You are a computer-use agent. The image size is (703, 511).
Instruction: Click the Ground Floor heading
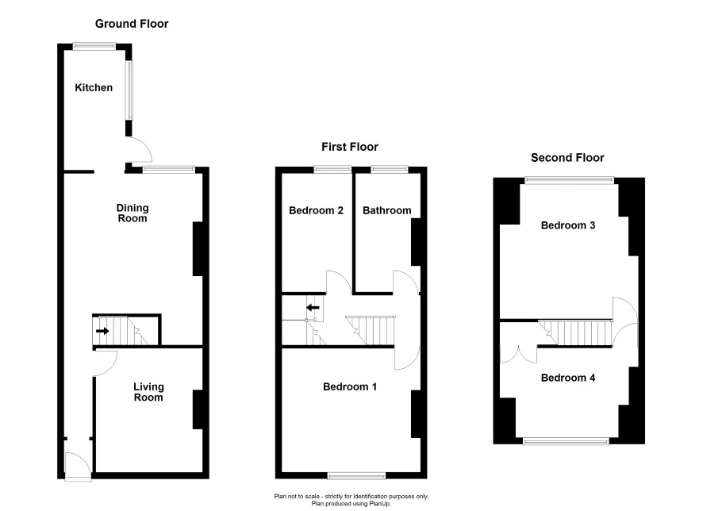(132, 24)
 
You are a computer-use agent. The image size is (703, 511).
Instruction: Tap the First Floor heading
(350, 147)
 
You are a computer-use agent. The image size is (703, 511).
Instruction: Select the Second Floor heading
(567, 158)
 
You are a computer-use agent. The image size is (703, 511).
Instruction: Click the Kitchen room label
(94, 87)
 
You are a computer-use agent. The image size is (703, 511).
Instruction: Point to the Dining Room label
(133, 213)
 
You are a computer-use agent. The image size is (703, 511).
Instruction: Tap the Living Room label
(148, 392)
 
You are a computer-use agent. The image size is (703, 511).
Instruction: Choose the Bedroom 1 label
(350, 386)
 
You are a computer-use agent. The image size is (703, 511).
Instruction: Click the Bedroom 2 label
(316, 210)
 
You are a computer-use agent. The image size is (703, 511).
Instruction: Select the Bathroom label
(387, 210)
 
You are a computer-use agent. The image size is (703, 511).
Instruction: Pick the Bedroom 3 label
(568, 225)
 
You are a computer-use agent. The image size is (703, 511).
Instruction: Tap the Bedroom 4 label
(568, 378)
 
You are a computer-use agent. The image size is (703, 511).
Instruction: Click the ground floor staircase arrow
(102, 331)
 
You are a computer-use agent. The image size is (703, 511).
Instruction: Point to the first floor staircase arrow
(313, 308)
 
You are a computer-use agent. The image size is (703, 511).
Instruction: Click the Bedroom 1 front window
(356, 475)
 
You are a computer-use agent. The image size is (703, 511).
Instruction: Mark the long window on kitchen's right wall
(129, 90)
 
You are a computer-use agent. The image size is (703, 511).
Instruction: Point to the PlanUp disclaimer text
(351, 500)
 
